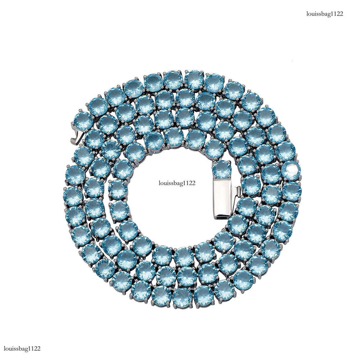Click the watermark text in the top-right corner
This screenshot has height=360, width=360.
324,14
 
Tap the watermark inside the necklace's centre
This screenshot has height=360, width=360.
177,183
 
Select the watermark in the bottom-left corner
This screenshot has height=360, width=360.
22,348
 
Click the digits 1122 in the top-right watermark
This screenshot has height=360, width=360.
337,14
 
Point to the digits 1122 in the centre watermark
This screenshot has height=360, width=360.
189,183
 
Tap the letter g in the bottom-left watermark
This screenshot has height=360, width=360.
26,349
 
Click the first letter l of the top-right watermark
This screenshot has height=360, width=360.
307,14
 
